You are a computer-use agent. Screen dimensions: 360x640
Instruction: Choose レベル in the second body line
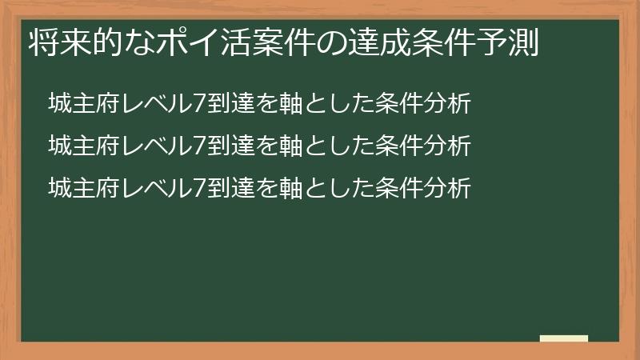point(151,146)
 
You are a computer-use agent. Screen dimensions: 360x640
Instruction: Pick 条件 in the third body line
point(402,188)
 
